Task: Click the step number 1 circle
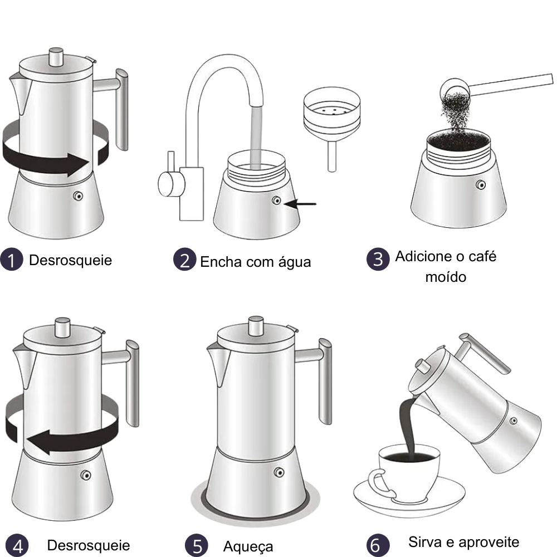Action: tap(11, 260)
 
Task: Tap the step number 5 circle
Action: tap(196, 546)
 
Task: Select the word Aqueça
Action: tap(248, 546)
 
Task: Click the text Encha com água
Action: tap(255, 262)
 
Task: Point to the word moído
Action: tap(445, 276)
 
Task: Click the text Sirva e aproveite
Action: tap(463, 542)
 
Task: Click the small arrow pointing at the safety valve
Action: tap(301, 204)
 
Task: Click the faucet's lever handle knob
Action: tap(167, 184)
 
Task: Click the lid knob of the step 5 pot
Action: tap(256, 326)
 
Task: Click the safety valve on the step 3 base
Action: tap(481, 184)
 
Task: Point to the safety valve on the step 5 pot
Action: tap(278, 473)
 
